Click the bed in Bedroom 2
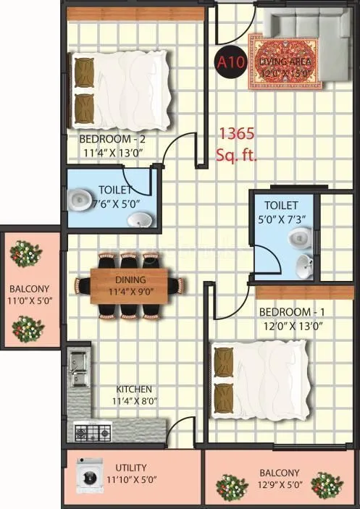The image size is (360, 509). coord(121,89)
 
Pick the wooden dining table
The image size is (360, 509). coord(130,285)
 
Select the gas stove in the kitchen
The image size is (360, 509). coord(92,434)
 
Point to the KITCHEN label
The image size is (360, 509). coord(133,388)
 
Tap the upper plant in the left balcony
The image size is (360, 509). coord(26,255)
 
